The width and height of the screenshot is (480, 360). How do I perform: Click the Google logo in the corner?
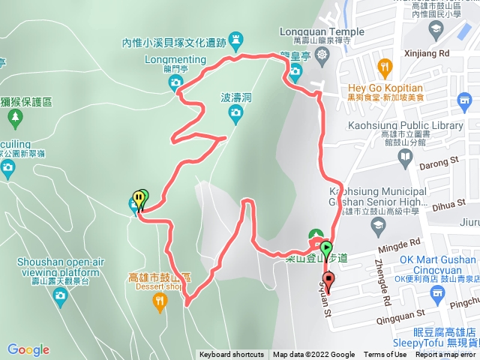28,349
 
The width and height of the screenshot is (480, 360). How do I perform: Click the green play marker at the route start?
326,246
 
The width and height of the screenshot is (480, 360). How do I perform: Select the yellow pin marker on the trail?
138,198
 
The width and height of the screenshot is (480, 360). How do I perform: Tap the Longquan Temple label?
321,32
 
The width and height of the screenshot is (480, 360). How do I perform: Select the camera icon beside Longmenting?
176,81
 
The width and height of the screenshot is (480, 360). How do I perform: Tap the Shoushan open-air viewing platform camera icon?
60,296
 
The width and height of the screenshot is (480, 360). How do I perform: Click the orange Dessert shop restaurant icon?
159,302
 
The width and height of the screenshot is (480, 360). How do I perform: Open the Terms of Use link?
385,355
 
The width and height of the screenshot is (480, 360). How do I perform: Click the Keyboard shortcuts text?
231,355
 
